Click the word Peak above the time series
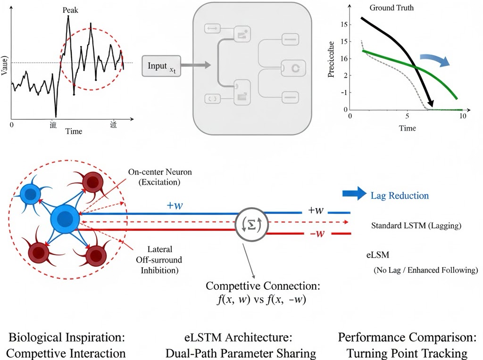pos(70,9)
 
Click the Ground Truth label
pos(391,8)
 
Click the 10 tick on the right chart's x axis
pos(462,116)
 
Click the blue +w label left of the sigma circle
pos(175,205)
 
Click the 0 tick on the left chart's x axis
pos(12,125)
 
